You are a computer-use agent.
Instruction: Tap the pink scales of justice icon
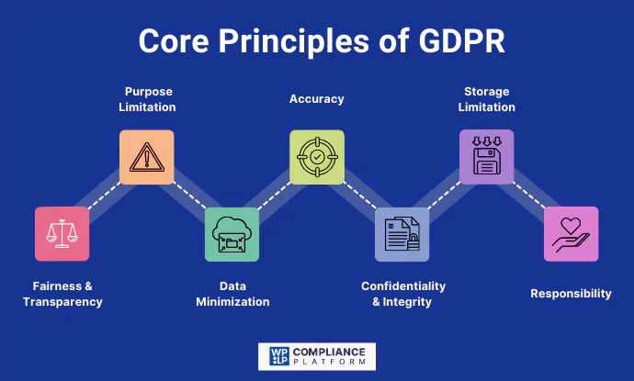tap(62, 234)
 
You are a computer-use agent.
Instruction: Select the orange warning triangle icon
tap(147, 157)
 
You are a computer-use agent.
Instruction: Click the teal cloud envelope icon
tap(232, 234)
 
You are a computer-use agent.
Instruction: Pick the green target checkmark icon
tap(317, 157)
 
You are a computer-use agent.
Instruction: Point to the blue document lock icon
tap(402, 234)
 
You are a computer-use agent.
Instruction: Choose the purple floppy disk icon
tap(486, 157)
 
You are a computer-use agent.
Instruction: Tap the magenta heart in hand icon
tap(571, 234)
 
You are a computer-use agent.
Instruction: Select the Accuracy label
tap(317, 99)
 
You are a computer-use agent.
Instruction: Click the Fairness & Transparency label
tap(62, 294)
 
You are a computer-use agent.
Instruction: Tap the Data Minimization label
tap(232, 294)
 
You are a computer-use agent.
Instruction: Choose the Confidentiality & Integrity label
tap(402, 294)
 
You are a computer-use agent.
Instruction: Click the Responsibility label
tap(571, 294)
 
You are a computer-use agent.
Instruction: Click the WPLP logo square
tap(277, 356)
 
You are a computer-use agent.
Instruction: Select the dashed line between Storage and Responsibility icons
tap(528, 196)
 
